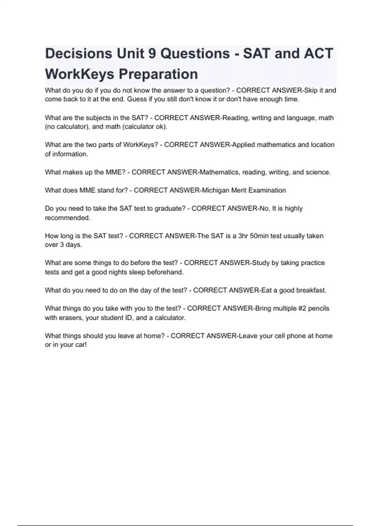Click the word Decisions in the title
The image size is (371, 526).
point(79,54)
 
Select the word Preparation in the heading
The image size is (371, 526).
point(158,74)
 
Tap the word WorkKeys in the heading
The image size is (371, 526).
point(79,74)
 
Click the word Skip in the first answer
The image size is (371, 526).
point(311,90)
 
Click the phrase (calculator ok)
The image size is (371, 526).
point(145,127)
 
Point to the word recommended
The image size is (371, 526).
point(67,218)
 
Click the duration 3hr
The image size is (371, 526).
point(243,236)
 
